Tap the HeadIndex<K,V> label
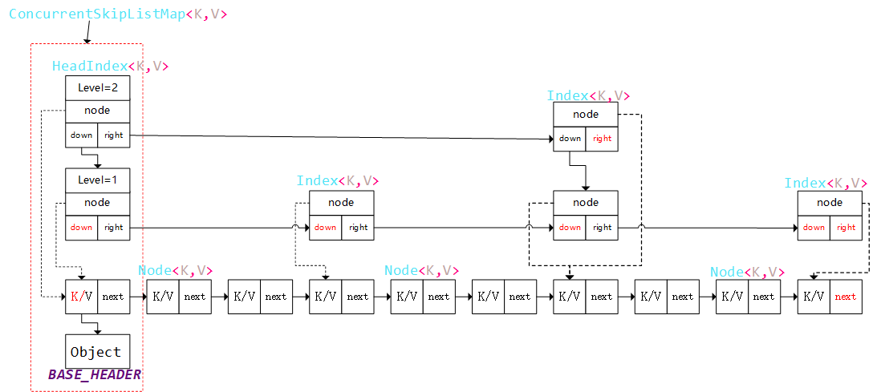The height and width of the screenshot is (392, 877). pyautogui.click(x=110, y=67)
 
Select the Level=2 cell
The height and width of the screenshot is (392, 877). pyautogui.click(x=97, y=87)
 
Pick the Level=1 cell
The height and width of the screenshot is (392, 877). pyautogui.click(x=97, y=180)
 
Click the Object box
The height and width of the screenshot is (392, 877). pyautogui.click(x=96, y=352)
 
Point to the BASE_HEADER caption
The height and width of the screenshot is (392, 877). pyautogui.click(x=94, y=374)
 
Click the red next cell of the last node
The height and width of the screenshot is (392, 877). pyautogui.click(x=846, y=297)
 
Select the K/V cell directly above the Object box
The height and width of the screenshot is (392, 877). pyautogui.click(x=81, y=297)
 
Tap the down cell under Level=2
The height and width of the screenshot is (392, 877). pyautogui.click(x=81, y=135)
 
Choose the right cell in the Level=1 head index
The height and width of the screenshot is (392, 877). pyautogui.click(x=114, y=228)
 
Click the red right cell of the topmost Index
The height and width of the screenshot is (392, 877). pyautogui.click(x=602, y=139)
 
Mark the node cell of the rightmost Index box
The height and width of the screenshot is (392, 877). pyautogui.click(x=830, y=203)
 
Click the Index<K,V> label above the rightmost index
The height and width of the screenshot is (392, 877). pyautogui.click(x=826, y=184)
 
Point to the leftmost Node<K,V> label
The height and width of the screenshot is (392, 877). pyautogui.click(x=176, y=271)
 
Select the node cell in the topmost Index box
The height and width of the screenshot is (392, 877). pyautogui.click(x=586, y=115)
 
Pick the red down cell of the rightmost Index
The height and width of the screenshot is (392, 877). pyautogui.click(x=814, y=228)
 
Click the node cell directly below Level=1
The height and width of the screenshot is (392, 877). pyautogui.click(x=97, y=203)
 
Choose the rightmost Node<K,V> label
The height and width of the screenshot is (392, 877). pyautogui.click(x=747, y=273)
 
